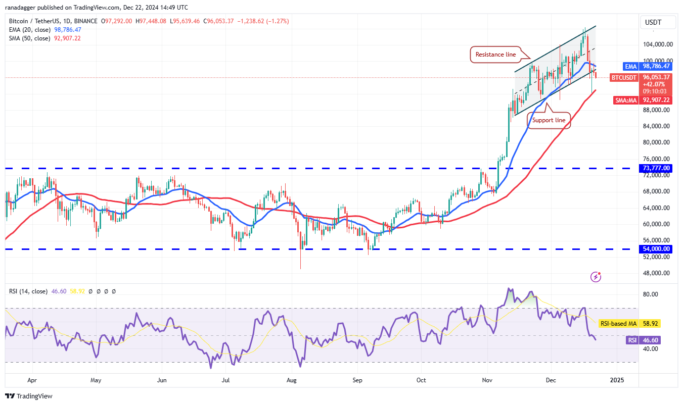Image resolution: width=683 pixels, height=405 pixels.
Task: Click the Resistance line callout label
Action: point(496,55)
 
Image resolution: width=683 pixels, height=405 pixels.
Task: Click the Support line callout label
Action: point(549,120)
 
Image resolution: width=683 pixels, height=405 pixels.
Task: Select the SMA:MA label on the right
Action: point(625,100)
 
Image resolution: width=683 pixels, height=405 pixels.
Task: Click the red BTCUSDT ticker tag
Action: point(624,77)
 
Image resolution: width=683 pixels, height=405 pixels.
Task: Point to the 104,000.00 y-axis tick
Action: point(657,44)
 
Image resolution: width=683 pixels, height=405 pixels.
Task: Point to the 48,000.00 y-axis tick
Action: point(657,273)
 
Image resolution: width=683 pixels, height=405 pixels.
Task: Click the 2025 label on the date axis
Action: point(616,380)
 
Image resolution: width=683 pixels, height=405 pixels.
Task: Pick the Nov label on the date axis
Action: point(487,380)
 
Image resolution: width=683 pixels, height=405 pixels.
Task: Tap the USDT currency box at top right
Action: point(652,22)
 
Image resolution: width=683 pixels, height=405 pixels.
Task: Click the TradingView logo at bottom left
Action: point(29,396)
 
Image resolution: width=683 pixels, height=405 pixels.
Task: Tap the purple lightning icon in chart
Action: point(596,276)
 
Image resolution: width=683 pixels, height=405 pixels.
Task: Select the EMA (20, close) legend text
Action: point(29,30)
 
